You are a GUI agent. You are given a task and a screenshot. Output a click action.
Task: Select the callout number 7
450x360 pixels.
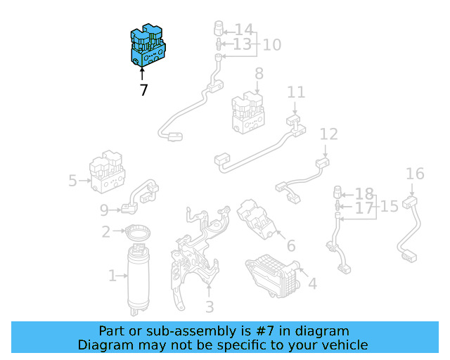pyautogui.click(x=143, y=90)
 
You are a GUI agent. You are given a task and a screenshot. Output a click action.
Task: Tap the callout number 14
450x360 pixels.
pyautogui.click(x=243, y=30)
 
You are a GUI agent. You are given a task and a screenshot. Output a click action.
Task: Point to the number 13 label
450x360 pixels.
pyautogui.click(x=242, y=45)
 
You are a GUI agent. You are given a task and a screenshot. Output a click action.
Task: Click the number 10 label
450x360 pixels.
pyautogui.click(x=271, y=45)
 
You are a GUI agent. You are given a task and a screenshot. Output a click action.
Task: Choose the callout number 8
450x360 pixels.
pyautogui.click(x=259, y=73)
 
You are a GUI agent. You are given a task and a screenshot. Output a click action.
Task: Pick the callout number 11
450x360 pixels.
pyautogui.click(x=296, y=92)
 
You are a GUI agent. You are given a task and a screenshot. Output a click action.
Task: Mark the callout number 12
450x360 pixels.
pyautogui.click(x=328, y=134)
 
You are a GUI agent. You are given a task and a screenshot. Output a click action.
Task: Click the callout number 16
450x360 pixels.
pyautogui.click(x=415, y=174)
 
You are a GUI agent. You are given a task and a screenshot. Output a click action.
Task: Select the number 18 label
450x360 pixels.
pyautogui.click(x=364, y=193)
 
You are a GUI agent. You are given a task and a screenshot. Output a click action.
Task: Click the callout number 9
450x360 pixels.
pyautogui.click(x=104, y=209)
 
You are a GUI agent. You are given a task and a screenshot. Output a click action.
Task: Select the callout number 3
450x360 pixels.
pyautogui.click(x=209, y=307)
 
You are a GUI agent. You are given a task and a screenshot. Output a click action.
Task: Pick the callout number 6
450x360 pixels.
pyautogui.click(x=290, y=246)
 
